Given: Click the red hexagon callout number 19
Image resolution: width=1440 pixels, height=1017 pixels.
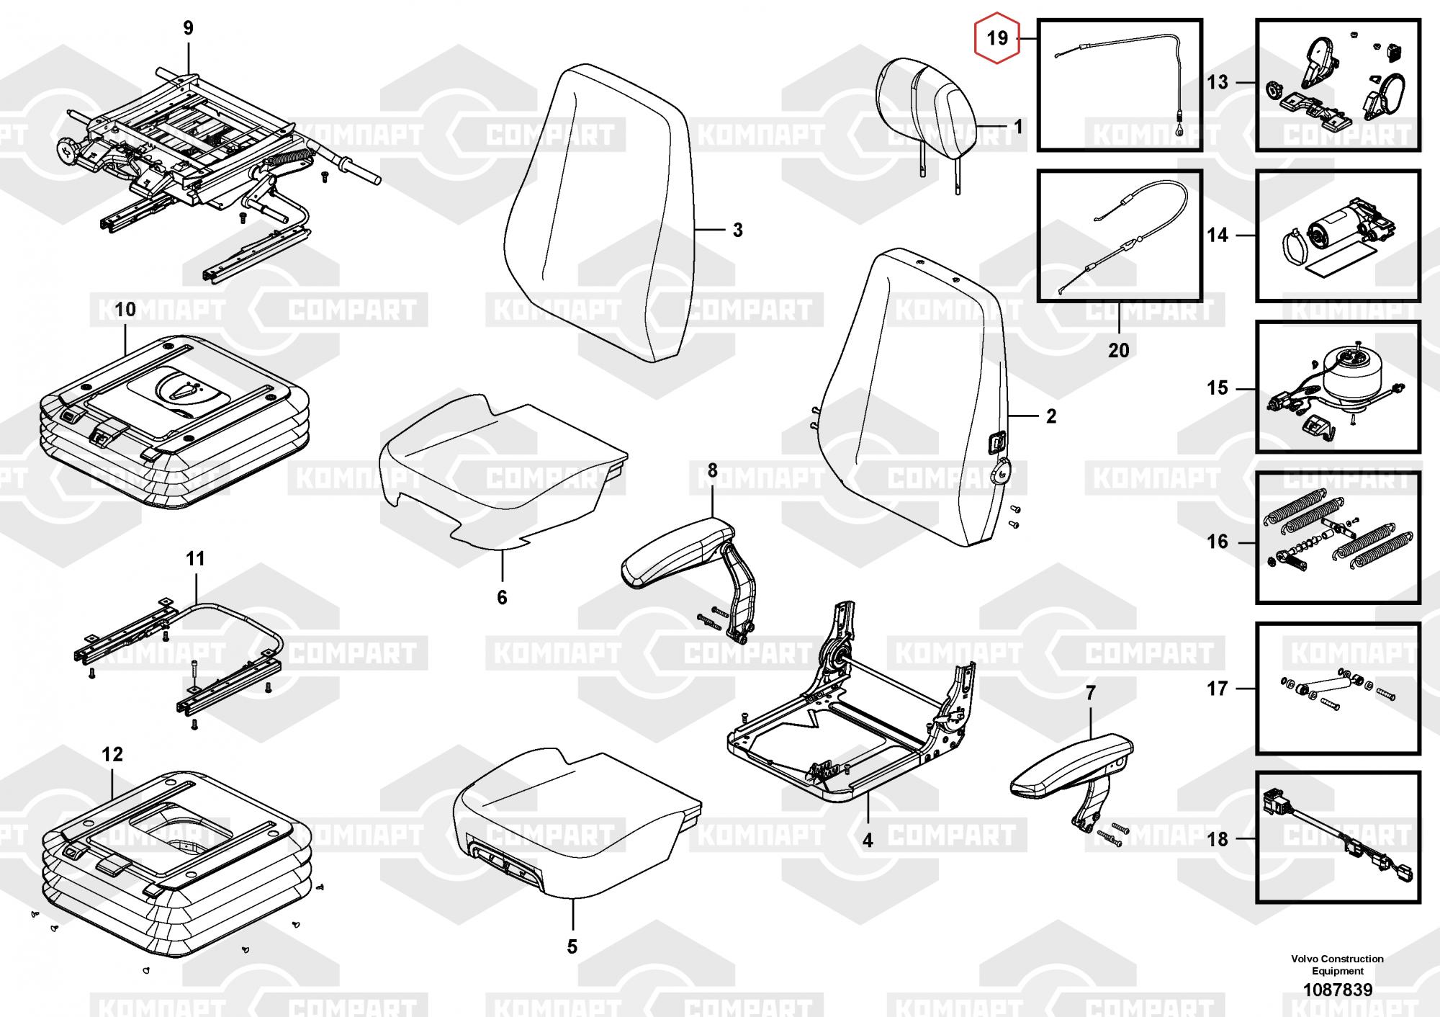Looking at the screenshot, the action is point(997,37).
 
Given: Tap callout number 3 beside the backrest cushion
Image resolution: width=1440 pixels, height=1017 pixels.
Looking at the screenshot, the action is point(737,230).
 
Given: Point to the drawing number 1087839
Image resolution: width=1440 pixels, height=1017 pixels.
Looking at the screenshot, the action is point(1338,990).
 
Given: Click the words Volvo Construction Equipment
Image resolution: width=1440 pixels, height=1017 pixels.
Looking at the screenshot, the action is point(1337,964).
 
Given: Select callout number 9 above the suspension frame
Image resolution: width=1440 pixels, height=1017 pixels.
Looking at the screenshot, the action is point(188,28).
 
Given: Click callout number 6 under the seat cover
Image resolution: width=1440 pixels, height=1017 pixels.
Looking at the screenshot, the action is point(502,597).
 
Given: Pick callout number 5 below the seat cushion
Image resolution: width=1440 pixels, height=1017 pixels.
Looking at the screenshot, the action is point(572,946).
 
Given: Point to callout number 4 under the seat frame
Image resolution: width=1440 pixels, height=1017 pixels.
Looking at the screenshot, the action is point(868,840).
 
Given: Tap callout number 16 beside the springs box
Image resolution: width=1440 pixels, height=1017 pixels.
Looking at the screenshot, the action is point(1217,542).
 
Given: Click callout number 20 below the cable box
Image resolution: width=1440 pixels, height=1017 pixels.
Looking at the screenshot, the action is point(1118,350).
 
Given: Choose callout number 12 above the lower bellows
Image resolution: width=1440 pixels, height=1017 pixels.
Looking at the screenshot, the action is point(112,754).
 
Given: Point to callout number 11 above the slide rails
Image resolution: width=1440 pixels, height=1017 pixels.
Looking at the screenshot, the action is point(195,558).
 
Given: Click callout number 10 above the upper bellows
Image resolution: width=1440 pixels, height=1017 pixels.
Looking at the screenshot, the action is point(125,310).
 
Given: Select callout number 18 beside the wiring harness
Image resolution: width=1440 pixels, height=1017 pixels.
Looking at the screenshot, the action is point(1217,839).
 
